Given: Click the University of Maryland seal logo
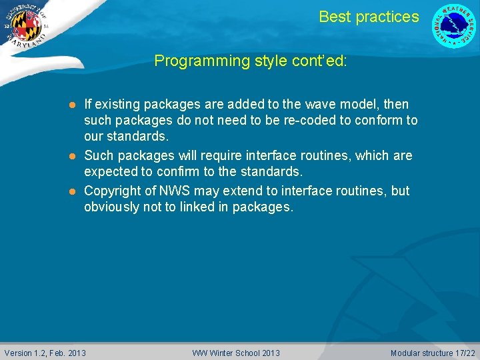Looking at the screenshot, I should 26,27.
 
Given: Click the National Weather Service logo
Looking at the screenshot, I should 454,26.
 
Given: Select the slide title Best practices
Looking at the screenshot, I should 369,17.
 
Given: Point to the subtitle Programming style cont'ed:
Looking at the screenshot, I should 250,61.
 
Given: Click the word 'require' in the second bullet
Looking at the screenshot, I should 202,155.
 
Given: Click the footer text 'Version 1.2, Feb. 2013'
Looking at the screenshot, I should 45,353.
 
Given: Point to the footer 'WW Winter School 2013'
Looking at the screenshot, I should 236,353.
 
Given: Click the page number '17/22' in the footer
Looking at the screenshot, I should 465,353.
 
